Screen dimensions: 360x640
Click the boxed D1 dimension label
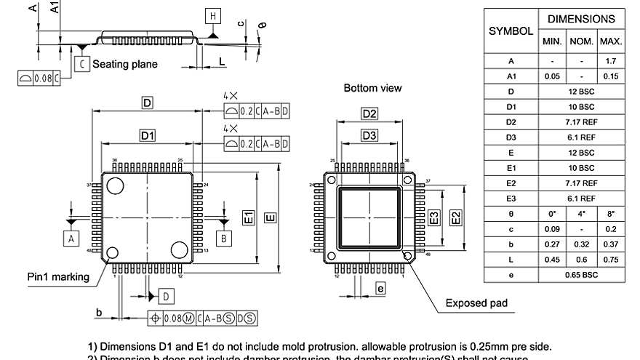click(148, 136)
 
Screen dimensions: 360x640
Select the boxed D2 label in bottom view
click(369, 113)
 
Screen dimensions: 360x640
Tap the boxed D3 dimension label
click(369, 136)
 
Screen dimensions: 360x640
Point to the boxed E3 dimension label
click(433, 217)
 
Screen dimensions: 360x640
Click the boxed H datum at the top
click(212, 17)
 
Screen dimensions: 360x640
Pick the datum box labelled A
click(71, 238)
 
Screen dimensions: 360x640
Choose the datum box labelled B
click(224, 238)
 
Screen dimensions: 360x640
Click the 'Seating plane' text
click(124, 64)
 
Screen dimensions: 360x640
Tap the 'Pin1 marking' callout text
click(58, 276)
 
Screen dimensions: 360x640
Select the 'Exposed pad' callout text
click(476, 303)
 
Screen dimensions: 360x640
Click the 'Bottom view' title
click(372, 88)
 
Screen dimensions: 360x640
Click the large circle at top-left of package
click(115, 186)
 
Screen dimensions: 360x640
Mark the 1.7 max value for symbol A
click(611, 62)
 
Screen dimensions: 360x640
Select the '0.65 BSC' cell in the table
click(581, 276)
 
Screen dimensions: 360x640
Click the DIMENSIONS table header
click(581, 19)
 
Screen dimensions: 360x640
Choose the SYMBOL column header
click(511, 31)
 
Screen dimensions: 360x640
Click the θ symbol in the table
click(511, 215)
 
